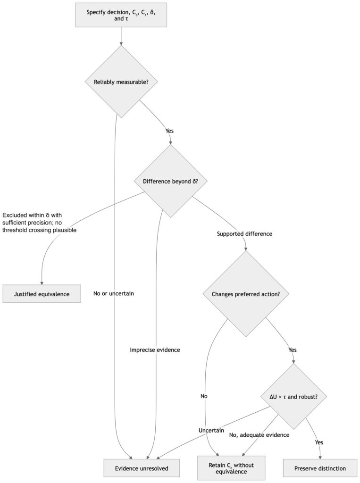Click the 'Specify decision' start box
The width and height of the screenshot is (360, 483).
click(121, 15)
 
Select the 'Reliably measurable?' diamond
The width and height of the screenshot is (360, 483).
click(121, 82)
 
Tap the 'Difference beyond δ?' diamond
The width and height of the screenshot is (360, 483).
click(170, 181)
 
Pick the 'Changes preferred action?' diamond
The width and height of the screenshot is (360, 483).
click(246, 294)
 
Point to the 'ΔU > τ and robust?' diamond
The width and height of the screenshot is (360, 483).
click(293, 396)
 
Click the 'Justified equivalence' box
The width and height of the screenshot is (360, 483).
click(42, 294)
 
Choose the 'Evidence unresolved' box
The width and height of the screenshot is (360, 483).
click(142, 468)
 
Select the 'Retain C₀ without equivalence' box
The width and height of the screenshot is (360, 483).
click(231, 468)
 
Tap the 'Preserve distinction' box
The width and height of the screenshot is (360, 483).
click(320, 468)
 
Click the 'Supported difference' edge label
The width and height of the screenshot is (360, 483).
click(244, 234)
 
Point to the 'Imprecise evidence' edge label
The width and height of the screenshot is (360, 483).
click(155, 350)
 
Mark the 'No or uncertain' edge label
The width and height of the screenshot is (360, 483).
click(113, 293)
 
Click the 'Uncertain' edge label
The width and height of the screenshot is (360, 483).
click(211, 430)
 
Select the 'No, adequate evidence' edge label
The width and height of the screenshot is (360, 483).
click(259, 435)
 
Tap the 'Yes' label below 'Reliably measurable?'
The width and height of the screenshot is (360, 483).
click(169, 131)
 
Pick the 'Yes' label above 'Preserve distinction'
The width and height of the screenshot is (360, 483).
click(319, 442)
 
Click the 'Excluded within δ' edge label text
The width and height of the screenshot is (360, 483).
click(40, 223)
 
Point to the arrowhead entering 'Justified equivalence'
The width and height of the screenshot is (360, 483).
click(42, 283)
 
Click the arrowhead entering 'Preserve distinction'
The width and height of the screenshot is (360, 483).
click(320, 458)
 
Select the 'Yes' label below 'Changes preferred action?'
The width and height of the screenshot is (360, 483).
click(292, 350)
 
